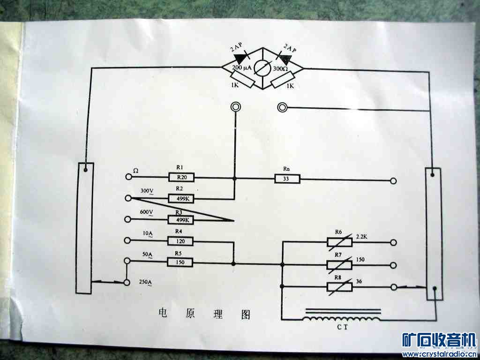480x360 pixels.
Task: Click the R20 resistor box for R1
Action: tap(181, 177)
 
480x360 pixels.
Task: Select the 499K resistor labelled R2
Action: tap(181, 199)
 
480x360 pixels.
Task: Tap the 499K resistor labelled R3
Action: tap(181, 220)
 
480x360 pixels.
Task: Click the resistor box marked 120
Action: tap(180, 241)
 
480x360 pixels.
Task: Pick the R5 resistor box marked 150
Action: tap(180, 262)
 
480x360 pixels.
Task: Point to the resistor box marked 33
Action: tap(287, 179)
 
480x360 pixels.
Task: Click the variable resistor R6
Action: tap(339, 242)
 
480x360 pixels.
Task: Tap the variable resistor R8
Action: tap(339, 286)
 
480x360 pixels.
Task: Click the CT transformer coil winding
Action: tap(342, 319)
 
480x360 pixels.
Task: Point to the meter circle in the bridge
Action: tap(262, 68)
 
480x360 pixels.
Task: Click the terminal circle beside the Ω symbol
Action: tap(128, 177)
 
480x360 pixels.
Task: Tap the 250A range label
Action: tap(145, 282)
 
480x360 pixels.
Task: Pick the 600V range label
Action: tap(147, 212)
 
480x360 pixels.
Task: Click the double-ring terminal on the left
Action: tap(235, 107)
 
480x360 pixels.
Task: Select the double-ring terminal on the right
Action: tap(282, 107)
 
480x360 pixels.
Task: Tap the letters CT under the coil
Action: tap(342, 327)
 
